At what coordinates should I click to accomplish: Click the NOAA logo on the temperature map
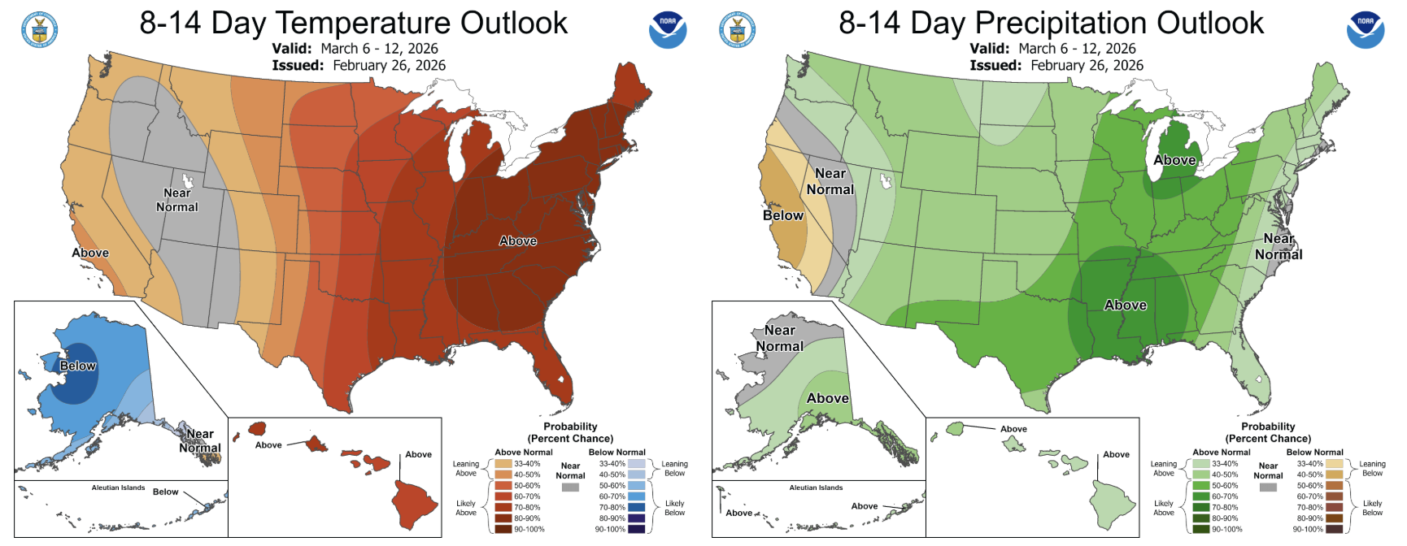click(x=668, y=29)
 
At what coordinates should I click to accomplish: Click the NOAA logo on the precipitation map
click(x=1366, y=29)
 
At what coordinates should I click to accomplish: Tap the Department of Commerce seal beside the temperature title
click(x=39, y=30)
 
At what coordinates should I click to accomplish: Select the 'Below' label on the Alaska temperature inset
click(x=78, y=366)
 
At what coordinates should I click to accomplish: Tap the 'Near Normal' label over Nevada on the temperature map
click(x=176, y=200)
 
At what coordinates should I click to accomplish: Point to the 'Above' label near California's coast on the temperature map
click(x=90, y=253)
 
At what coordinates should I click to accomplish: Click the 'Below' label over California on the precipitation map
click(x=782, y=215)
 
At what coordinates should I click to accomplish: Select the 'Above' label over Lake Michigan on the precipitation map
click(x=1174, y=160)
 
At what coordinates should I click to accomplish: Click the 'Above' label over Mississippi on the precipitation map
click(x=1126, y=305)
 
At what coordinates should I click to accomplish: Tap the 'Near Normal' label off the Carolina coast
click(x=1278, y=246)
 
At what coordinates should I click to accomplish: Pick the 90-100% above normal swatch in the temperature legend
click(x=503, y=529)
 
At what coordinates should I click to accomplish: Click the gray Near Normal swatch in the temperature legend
click(x=570, y=487)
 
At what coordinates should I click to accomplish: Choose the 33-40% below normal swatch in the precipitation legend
click(x=1334, y=464)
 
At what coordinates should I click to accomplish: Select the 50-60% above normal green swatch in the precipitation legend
click(x=1200, y=486)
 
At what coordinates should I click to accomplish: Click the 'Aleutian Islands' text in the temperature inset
click(x=118, y=487)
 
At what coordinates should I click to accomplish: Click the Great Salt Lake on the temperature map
click(x=189, y=180)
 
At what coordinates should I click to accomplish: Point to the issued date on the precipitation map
click(x=1087, y=65)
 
